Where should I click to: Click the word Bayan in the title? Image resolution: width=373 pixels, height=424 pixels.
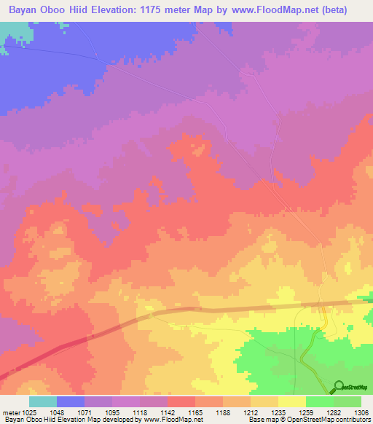pos(25,10)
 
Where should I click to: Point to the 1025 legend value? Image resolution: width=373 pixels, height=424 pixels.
pos(28,412)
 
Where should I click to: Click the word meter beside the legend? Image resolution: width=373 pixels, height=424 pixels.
pos(9,412)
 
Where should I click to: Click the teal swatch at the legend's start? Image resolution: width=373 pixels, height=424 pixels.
pos(43,401)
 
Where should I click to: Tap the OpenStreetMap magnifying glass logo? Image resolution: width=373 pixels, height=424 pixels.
pos(338,387)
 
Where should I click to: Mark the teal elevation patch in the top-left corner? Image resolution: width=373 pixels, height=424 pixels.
pos(9,36)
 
